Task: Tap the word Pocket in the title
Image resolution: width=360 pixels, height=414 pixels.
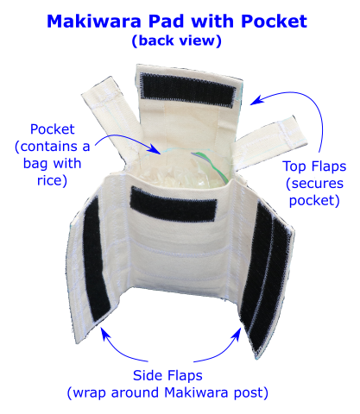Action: (x=275, y=22)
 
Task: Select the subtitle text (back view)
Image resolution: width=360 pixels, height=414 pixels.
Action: (x=177, y=41)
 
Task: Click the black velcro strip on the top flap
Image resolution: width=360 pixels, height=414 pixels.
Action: (x=188, y=90)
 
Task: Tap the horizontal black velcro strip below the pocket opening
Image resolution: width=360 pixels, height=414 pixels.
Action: (x=174, y=204)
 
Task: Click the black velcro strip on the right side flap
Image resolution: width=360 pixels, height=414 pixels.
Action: (x=265, y=276)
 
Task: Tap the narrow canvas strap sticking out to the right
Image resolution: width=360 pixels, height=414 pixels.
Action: (x=270, y=141)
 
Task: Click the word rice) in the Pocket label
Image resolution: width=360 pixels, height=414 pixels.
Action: (x=52, y=181)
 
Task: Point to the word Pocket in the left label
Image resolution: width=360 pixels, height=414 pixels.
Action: (x=53, y=129)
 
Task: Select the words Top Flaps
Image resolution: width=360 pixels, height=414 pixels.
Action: (x=314, y=166)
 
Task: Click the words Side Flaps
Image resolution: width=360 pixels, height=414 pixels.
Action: (x=167, y=375)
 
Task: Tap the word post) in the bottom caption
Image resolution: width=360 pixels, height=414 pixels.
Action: (x=250, y=393)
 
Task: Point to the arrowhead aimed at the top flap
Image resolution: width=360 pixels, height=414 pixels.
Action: (x=256, y=101)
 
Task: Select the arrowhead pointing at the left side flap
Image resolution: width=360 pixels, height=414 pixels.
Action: (x=105, y=334)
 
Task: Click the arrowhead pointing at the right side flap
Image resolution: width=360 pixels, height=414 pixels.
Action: (x=237, y=335)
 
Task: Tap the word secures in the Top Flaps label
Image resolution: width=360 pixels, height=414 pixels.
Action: (x=318, y=184)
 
